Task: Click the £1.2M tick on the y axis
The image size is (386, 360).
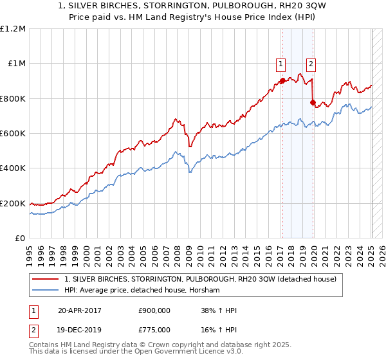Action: [12, 29]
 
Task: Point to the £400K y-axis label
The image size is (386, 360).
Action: [12, 168]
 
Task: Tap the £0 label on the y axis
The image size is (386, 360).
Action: [20, 238]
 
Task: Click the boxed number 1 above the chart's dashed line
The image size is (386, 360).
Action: [281, 64]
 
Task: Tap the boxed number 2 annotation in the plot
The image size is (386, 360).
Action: [311, 64]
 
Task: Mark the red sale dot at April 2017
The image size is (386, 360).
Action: [282, 81]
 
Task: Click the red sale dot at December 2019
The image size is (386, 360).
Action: [313, 102]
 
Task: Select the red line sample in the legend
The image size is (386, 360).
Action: [46, 279]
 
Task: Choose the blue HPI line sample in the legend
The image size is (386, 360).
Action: [46, 291]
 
